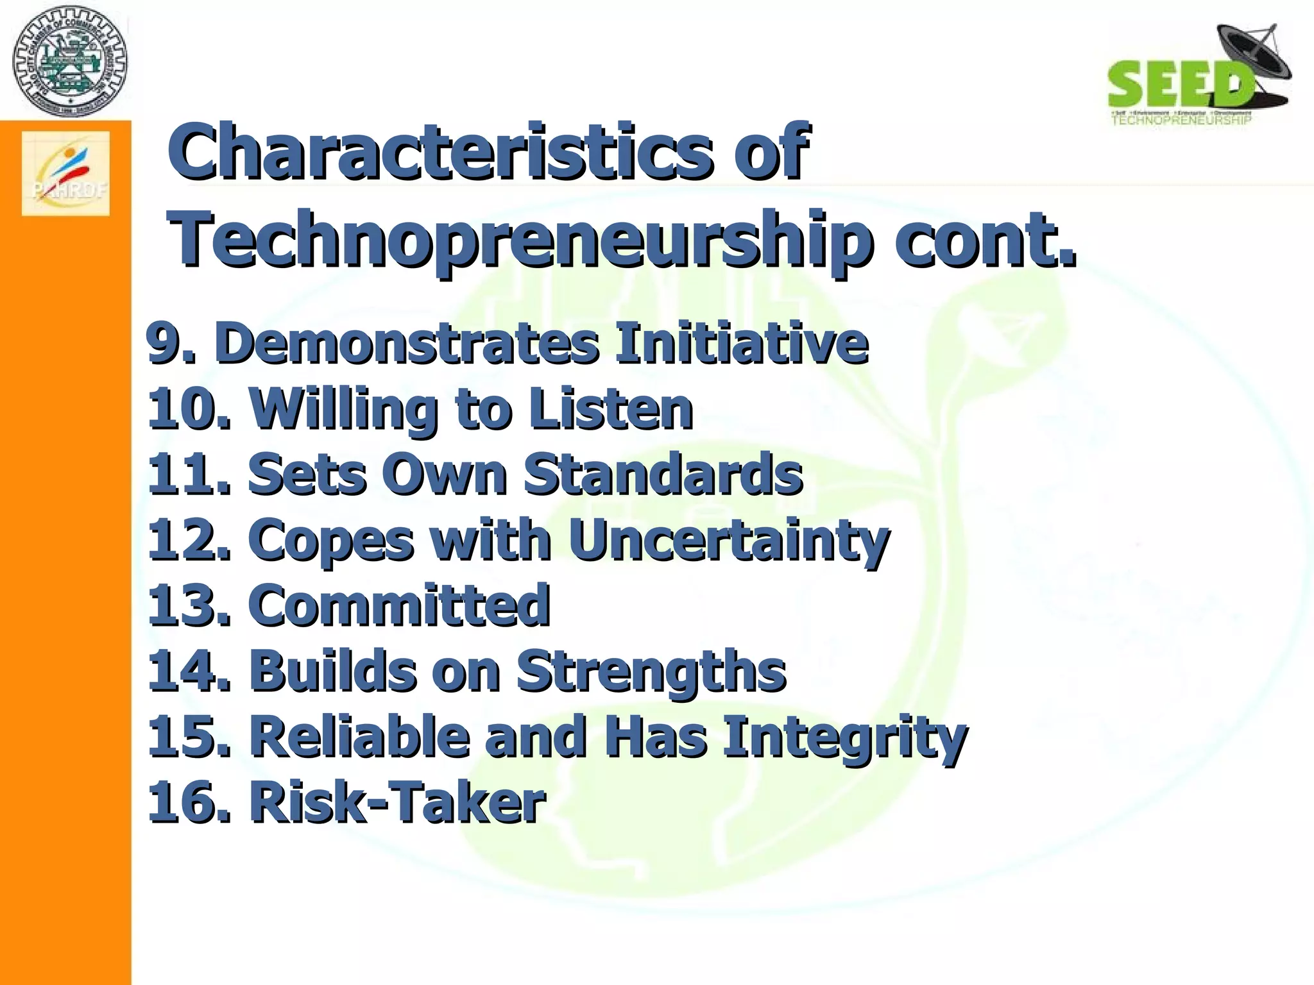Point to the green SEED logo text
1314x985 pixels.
click(x=1179, y=84)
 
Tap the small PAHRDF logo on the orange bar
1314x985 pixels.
click(x=66, y=174)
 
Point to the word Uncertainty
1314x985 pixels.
click(x=728, y=541)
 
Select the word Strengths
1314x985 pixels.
click(x=651, y=672)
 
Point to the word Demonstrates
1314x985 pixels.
click(x=407, y=343)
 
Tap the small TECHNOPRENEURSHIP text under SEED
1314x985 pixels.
click(x=1181, y=120)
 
